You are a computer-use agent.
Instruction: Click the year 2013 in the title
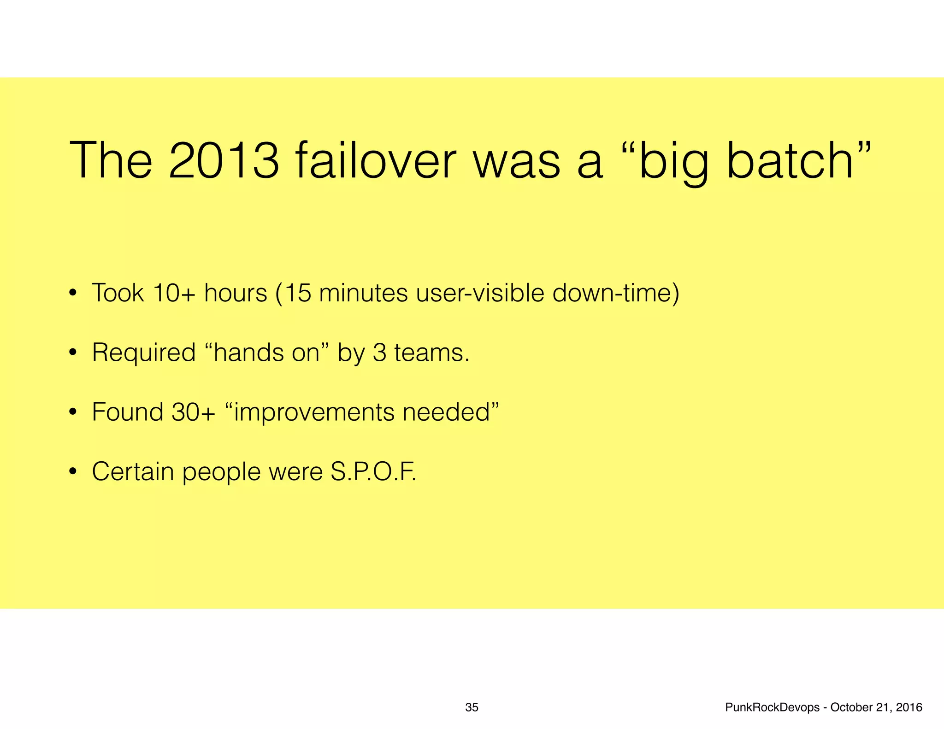pos(224,161)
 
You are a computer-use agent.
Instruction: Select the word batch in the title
pos(790,161)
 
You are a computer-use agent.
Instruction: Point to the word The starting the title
pos(111,161)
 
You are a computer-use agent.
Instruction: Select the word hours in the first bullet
pos(236,293)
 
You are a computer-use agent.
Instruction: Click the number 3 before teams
pos(379,353)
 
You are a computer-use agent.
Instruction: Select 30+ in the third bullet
pos(193,412)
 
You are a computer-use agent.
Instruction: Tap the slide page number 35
pos(472,707)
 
